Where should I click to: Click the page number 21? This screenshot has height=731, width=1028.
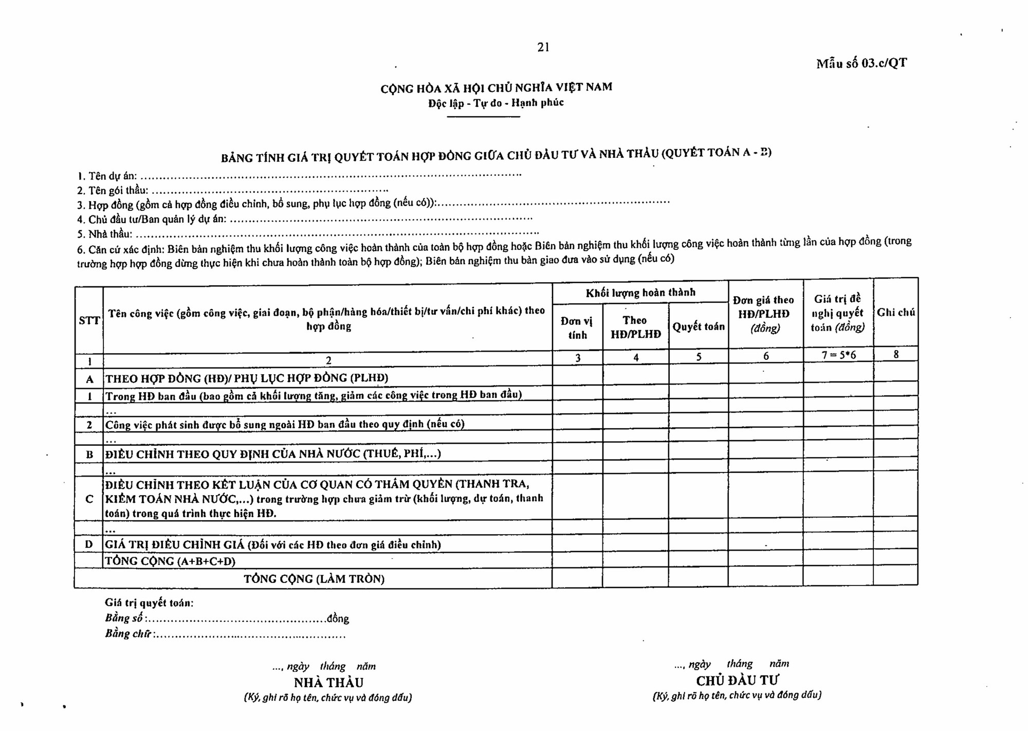(x=543, y=47)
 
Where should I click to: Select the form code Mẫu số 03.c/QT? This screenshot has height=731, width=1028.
(x=861, y=63)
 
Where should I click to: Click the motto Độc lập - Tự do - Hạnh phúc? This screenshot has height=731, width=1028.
(x=496, y=103)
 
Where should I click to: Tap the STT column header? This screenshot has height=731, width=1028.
(x=89, y=321)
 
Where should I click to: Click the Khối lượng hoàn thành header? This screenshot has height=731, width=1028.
(x=640, y=293)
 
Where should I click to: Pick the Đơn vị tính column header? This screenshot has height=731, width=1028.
(x=577, y=327)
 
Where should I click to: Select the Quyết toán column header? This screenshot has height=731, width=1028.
(x=699, y=326)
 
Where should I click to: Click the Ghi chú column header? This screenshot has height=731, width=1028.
(x=896, y=312)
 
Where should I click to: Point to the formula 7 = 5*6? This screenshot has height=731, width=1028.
(x=838, y=355)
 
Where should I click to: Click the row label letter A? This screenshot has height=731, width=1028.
(x=89, y=379)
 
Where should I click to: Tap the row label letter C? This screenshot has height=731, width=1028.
(x=89, y=499)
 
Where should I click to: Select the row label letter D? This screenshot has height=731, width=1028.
(x=89, y=544)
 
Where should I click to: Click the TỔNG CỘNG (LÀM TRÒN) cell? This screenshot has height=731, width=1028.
(x=314, y=579)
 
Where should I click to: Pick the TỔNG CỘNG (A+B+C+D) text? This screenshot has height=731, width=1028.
(x=170, y=561)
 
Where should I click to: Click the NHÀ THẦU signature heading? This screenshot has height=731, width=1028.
(x=328, y=683)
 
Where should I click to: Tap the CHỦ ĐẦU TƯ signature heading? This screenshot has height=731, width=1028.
(x=737, y=681)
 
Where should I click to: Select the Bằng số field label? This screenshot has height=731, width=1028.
(x=125, y=618)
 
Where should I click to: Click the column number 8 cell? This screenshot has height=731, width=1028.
(x=896, y=354)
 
